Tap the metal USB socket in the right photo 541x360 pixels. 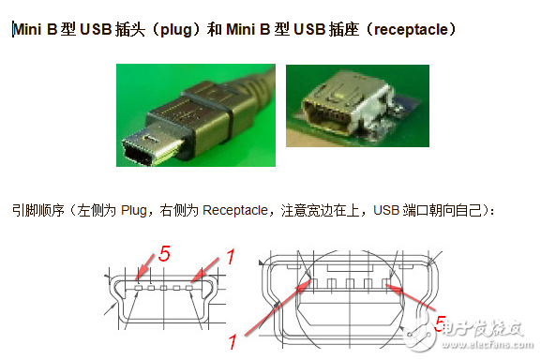(x=349, y=113)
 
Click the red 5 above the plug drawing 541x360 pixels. (x=164, y=253)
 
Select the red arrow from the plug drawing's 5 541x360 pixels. (x=149, y=266)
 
